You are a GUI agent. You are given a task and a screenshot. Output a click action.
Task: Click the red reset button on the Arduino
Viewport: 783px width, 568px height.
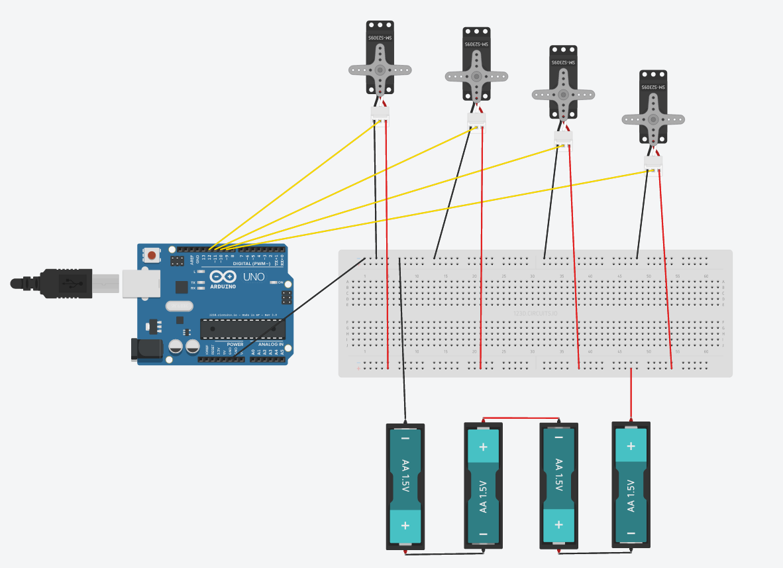[153, 255]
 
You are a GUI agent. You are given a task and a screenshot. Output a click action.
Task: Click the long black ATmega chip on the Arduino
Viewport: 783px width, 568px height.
[243, 329]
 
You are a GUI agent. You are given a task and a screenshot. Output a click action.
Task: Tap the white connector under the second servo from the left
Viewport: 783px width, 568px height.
[476, 120]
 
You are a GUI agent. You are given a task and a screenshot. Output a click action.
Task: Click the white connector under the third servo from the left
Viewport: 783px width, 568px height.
[563, 137]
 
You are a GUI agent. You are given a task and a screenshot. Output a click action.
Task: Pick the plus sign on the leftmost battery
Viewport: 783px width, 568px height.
[405, 525]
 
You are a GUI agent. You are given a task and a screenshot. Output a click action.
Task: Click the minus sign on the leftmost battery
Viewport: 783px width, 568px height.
[405, 439]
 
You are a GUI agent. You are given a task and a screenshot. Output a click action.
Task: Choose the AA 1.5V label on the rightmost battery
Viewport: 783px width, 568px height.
[631, 494]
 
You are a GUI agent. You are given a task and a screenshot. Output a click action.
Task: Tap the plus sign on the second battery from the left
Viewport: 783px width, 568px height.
[483, 446]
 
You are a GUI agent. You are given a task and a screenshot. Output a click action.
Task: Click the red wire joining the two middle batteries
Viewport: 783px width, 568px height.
[521, 419]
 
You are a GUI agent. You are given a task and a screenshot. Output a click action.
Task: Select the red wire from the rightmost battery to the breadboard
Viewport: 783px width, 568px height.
[631, 394]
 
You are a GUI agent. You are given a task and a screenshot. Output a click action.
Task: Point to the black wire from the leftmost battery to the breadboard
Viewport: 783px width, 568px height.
[402, 345]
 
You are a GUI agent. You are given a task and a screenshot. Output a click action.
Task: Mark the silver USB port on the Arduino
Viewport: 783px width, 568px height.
[141, 283]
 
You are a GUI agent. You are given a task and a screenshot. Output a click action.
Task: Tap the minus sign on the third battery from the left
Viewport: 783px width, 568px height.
[558, 437]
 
